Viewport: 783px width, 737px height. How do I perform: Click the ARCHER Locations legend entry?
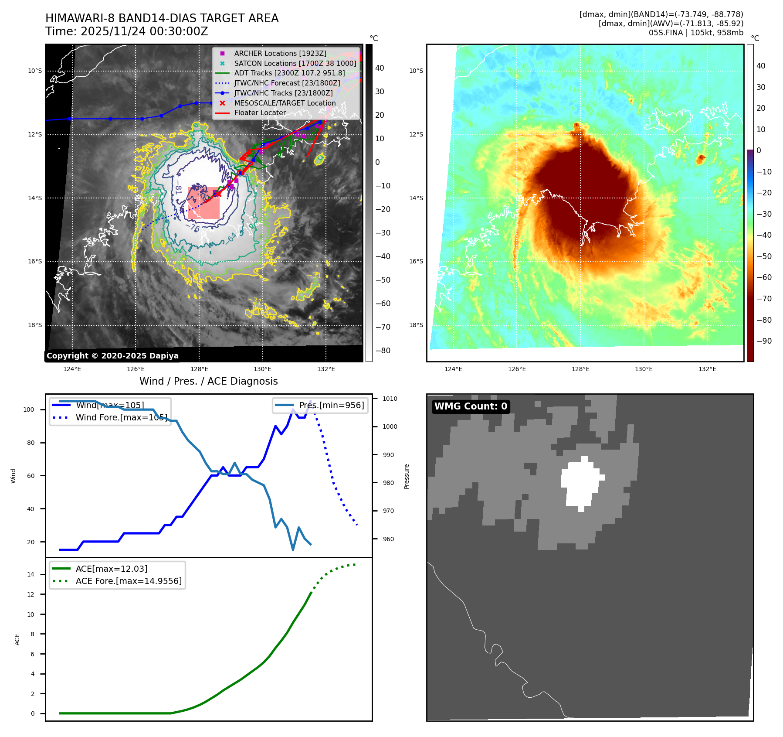pos(280,53)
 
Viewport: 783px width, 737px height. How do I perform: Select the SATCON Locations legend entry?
pos(295,63)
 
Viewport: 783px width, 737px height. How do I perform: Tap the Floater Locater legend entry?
pos(260,113)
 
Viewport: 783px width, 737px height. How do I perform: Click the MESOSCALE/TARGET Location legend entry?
pos(285,103)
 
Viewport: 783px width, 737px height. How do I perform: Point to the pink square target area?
pos(203,203)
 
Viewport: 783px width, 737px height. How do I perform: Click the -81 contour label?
pos(178,190)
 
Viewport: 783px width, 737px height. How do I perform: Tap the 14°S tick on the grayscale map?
pos(35,198)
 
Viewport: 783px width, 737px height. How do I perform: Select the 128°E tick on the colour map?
pos(580,369)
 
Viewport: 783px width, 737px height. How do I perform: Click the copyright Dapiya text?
pos(112,356)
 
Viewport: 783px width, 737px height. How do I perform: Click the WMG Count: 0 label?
pos(471,406)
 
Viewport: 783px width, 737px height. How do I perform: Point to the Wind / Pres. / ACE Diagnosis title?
pos(208,381)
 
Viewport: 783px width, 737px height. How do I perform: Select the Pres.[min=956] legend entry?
pos(331,405)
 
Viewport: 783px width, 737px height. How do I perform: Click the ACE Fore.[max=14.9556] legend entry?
pos(129,581)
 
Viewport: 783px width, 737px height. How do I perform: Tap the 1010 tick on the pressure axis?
pos(390,399)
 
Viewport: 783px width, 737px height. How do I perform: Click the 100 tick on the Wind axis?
pos(29,409)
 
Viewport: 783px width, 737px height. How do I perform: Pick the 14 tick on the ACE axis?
pos(31,574)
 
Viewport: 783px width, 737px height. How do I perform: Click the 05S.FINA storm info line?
pos(695,33)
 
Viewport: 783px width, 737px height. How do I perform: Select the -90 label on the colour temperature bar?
pos(764,341)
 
